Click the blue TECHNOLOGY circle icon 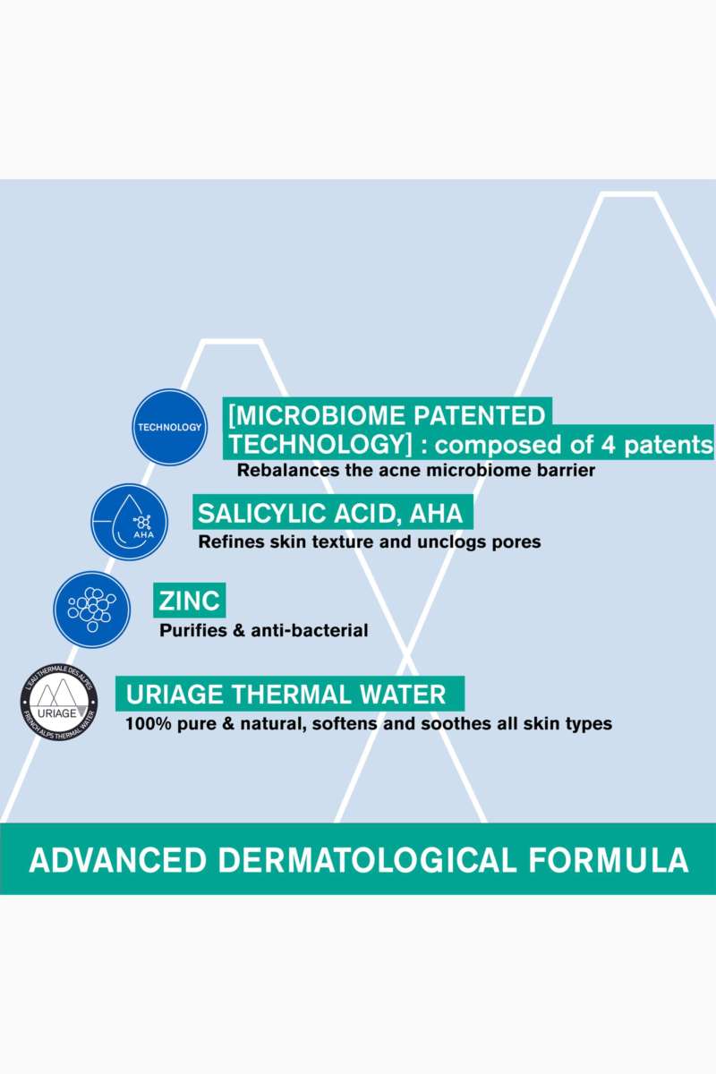point(170,427)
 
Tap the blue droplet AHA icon point(130,522)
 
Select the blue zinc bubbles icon point(91,609)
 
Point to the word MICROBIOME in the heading point(318,415)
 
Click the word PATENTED point(480,415)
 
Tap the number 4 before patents point(608,445)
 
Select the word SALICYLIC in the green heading point(262,513)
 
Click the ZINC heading point(190,601)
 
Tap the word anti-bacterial point(310,630)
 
